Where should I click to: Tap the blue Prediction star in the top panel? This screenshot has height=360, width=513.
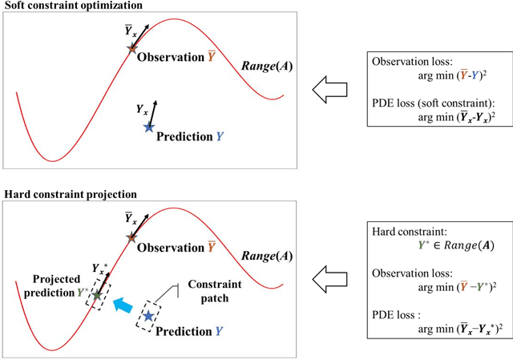tap(147, 127)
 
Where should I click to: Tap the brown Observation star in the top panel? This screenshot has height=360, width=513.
tap(132, 48)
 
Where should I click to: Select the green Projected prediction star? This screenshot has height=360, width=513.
tap(98, 296)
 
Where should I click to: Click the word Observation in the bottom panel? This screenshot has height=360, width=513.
tap(171, 247)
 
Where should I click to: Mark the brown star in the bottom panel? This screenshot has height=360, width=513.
tap(133, 237)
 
